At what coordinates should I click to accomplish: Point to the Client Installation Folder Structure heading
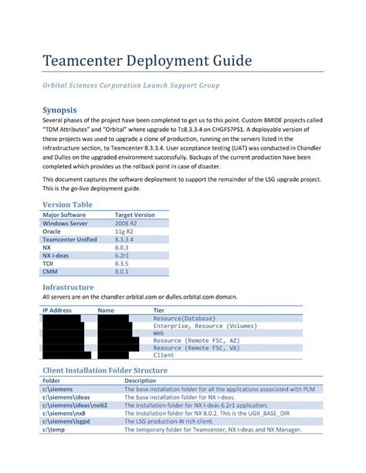pyautogui.click(x=104, y=370)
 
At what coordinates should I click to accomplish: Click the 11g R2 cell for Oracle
pyautogui.click(x=124, y=231)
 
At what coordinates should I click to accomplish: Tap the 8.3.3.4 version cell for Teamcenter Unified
pyautogui.click(x=127, y=239)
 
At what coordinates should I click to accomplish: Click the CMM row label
pyautogui.click(x=50, y=272)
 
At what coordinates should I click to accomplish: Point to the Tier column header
pyautogui.click(x=159, y=310)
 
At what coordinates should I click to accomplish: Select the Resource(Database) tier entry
pyautogui.click(x=185, y=318)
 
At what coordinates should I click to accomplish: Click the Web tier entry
pyautogui.click(x=158, y=333)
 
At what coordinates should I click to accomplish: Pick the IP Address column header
pyautogui.click(x=57, y=310)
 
